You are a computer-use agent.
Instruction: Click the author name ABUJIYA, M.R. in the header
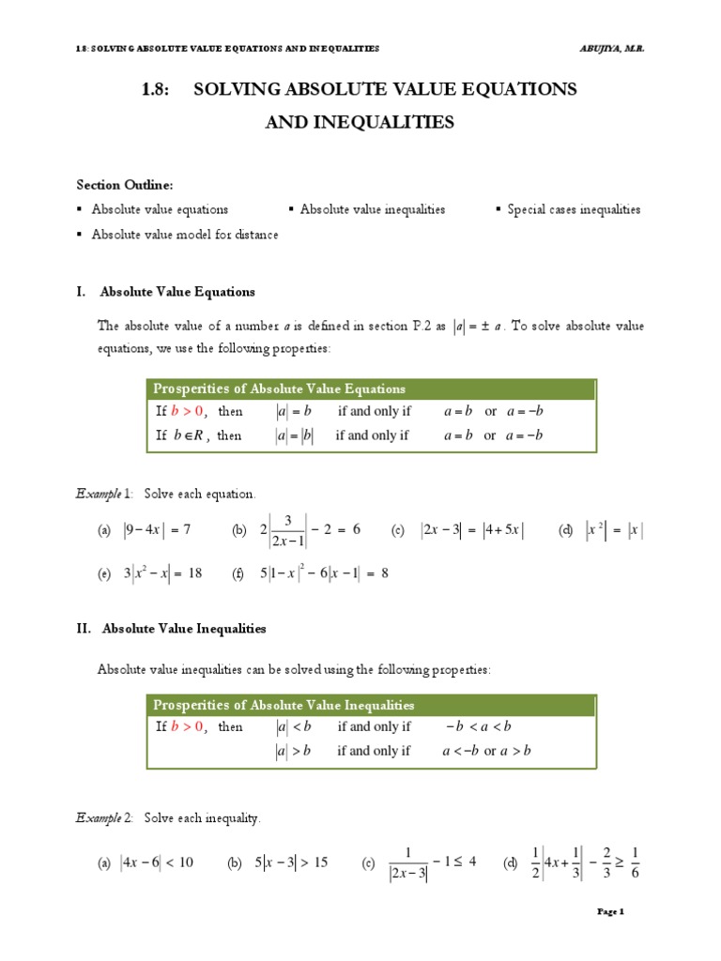pyautogui.click(x=611, y=48)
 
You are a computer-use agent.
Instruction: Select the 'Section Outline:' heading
pyautogui.click(x=124, y=185)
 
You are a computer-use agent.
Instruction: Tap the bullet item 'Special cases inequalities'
pyautogui.click(x=574, y=209)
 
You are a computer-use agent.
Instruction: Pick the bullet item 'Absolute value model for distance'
pyautogui.click(x=184, y=235)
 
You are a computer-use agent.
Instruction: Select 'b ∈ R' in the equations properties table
pyautogui.click(x=189, y=435)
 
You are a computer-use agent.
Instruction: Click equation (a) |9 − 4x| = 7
pyautogui.click(x=157, y=530)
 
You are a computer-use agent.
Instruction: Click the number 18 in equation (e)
pyautogui.click(x=194, y=574)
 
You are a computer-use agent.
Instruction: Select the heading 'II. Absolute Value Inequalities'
pyautogui.click(x=184, y=628)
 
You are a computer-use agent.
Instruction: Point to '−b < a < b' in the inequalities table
pyautogui.click(x=478, y=727)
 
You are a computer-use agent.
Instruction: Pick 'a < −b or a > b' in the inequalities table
pyautogui.click(x=486, y=751)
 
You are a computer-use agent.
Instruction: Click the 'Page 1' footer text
pyautogui.click(x=610, y=911)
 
